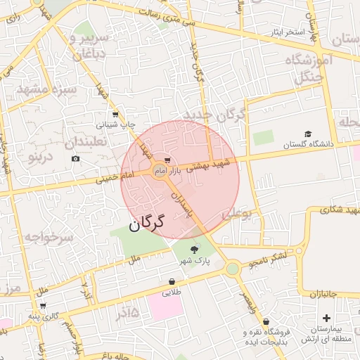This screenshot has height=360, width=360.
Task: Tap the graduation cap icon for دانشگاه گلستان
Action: pos(307,134)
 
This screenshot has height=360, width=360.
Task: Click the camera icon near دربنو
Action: pos(75,159)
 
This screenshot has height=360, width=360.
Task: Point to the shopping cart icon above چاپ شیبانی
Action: pos(115,114)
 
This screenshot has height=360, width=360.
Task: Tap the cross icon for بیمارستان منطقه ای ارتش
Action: pos(326,319)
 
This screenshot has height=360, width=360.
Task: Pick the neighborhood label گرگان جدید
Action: pos(214,115)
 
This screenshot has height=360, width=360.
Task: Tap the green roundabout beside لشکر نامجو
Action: pos(233,268)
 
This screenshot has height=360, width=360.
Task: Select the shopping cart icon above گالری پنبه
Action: pos(44,306)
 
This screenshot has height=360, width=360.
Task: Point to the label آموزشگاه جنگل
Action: pos(307,69)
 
